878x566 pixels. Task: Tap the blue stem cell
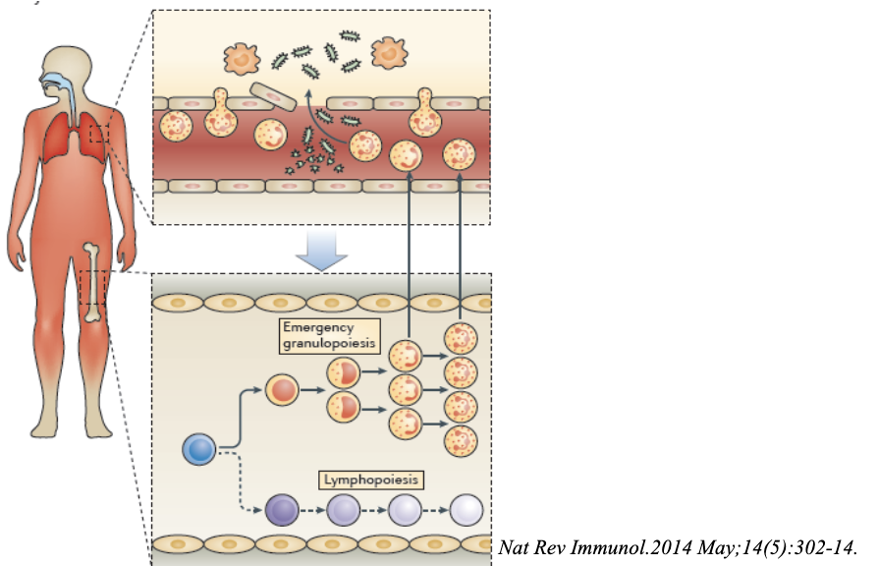tap(198, 451)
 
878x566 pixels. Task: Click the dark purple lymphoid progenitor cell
tap(280, 510)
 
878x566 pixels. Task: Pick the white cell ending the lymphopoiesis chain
tap(466, 510)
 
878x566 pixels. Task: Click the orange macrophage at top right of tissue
tap(389, 54)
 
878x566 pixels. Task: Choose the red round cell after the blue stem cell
tap(281, 392)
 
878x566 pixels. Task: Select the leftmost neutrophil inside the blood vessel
tap(177, 129)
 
